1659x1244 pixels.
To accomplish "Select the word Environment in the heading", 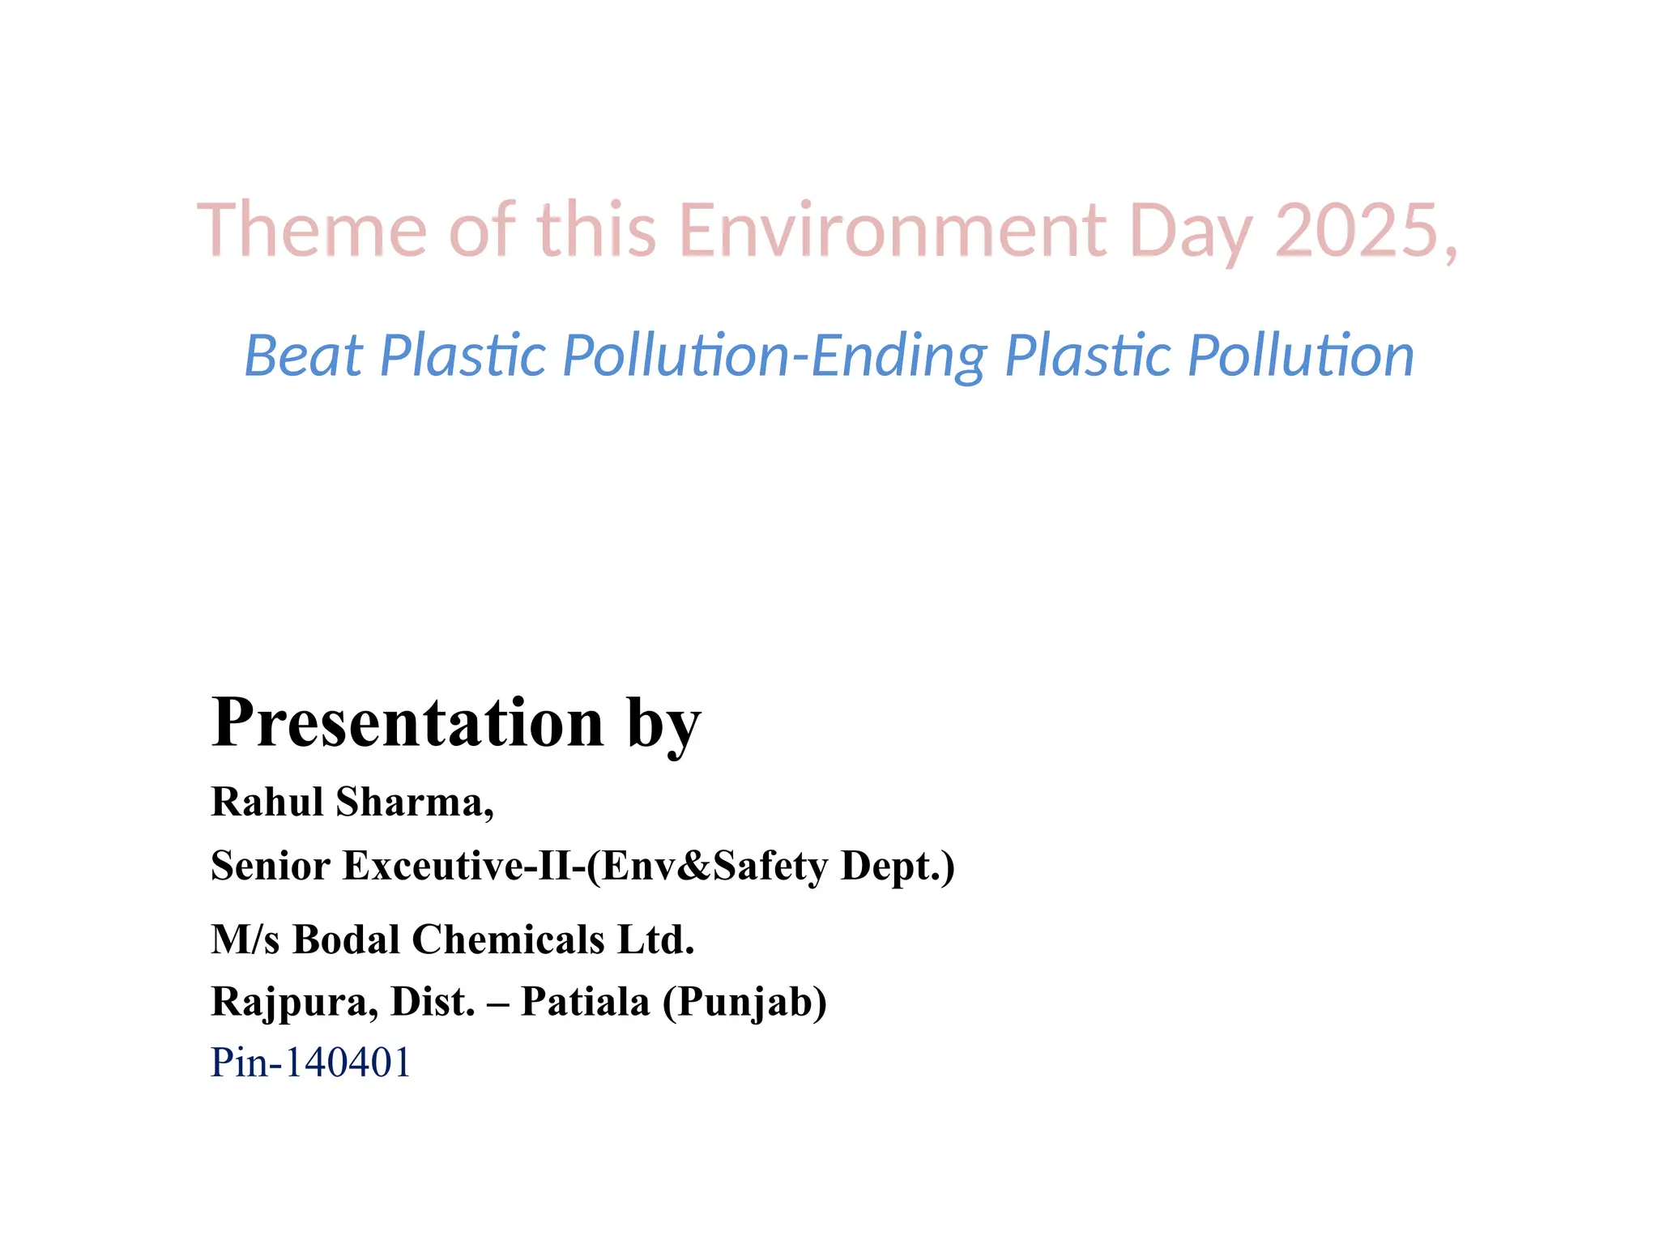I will [x=892, y=230].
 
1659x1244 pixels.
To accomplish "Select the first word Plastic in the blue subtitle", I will [x=463, y=356].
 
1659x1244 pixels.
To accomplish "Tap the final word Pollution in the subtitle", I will [x=1300, y=356].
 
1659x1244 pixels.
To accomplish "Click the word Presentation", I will [x=407, y=722].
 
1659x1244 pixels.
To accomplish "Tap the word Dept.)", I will [x=898, y=865].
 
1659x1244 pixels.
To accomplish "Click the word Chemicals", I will [x=508, y=939].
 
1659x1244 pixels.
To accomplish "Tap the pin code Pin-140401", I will [x=311, y=1063].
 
